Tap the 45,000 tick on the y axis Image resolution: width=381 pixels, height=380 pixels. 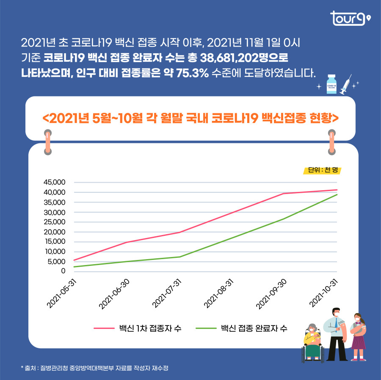pos(55,183)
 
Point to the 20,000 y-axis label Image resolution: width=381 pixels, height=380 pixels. pos(55,232)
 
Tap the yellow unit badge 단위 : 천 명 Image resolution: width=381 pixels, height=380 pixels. pos(323,170)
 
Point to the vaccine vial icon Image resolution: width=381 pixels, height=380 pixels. pos(331,84)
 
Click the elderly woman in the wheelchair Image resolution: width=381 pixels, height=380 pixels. pos(312,342)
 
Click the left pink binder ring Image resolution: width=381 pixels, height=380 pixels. pos(48,143)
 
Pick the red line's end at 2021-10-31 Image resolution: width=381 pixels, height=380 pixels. pos(337,190)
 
